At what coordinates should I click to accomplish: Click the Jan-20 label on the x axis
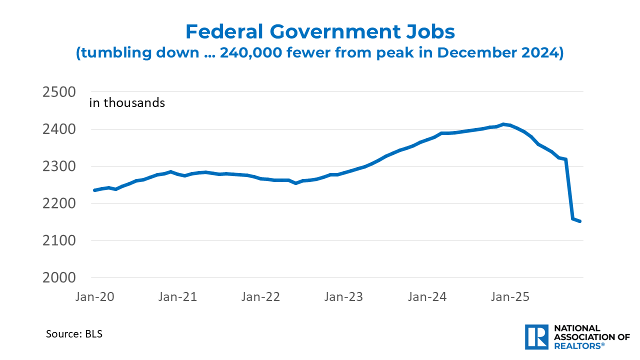click(95, 296)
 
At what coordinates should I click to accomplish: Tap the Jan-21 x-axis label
click(178, 296)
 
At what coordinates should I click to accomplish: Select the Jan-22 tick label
click(261, 296)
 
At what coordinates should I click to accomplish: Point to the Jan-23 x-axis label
click(344, 296)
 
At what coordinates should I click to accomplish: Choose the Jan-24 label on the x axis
click(427, 296)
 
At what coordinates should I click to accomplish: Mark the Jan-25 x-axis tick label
click(510, 296)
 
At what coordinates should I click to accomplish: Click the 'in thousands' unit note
click(127, 103)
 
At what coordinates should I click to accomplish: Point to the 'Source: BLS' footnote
click(74, 333)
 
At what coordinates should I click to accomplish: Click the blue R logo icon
click(536, 337)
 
